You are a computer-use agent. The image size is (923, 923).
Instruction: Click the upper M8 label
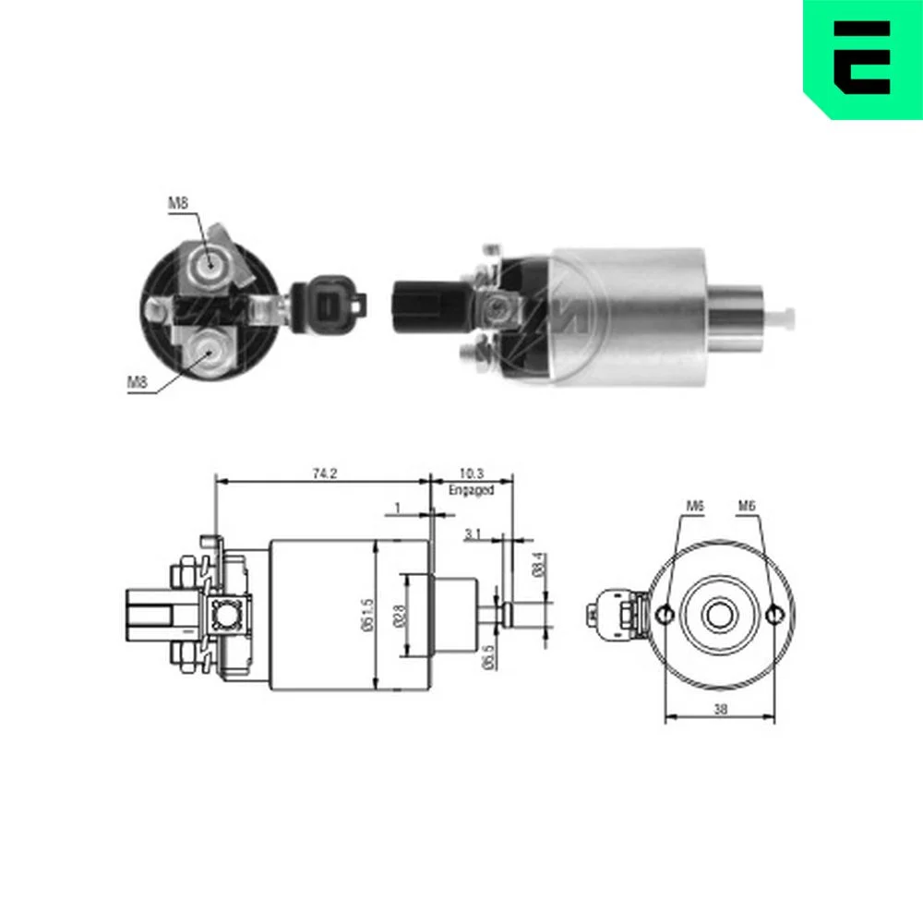pos(178,203)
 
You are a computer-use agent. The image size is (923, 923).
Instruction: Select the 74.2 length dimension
pos(324,473)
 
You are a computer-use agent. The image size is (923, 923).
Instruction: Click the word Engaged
pos(471,490)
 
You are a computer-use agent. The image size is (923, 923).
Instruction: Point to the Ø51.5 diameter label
pos(367,617)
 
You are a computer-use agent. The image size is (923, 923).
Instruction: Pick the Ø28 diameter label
pos(397,617)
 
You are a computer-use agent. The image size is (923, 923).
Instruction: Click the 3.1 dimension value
pos(473,534)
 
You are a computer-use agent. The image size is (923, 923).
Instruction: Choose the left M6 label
pos(695,506)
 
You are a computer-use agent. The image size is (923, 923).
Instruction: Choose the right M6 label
pos(747,506)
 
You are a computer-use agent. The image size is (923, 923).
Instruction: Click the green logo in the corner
pos(862,57)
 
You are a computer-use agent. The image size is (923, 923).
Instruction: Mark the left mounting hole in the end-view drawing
pos(665,616)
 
